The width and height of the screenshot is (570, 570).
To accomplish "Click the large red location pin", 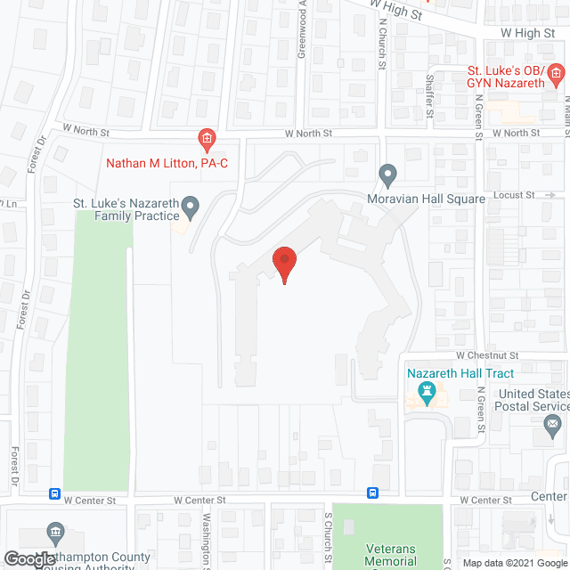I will tap(283, 263).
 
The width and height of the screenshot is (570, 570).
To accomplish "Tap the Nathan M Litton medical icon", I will tap(206, 138).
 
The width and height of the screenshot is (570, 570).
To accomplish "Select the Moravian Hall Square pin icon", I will tap(387, 173).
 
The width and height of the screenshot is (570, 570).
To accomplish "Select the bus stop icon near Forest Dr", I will tap(54, 493).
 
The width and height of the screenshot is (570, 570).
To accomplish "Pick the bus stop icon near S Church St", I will tap(372, 493).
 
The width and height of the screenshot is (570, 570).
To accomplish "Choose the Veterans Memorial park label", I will tap(390, 556).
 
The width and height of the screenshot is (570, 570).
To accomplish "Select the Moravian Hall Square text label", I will tap(426, 199).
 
